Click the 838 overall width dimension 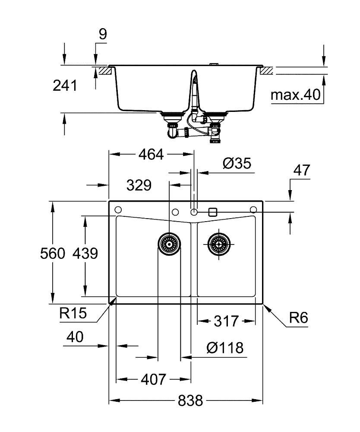[x=190, y=400]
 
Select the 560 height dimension [x=53, y=253]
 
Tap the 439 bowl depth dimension [x=85, y=253]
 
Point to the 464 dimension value [x=151, y=154]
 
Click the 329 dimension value [x=139, y=185]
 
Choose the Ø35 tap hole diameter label [x=237, y=163]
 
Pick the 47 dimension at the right [x=302, y=170]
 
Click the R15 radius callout [x=73, y=313]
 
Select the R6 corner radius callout [x=299, y=318]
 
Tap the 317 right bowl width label [x=226, y=321]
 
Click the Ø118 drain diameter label [x=225, y=348]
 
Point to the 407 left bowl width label [x=154, y=379]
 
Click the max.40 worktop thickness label [x=296, y=95]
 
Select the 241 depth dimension [x=65, y=86]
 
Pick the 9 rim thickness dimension [x=103, y=34]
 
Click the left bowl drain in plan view [x=169, y=244]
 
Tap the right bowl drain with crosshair [x=219, y=244]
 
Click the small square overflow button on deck [x=213, y=212]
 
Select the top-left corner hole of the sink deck [x=118, y=210]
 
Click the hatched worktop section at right [x=267, y=70]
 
